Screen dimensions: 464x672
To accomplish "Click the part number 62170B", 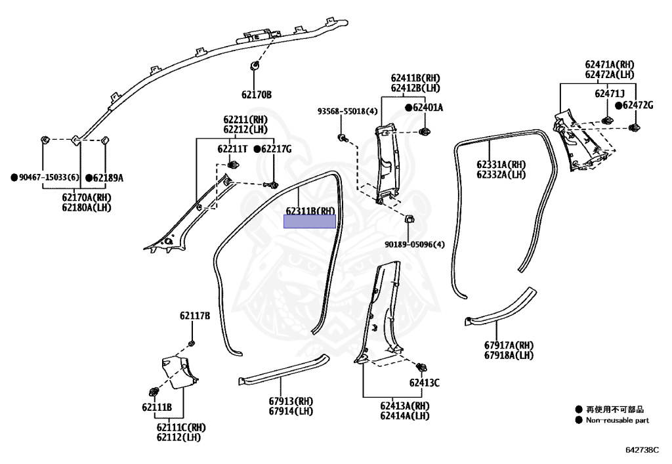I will (256, 95).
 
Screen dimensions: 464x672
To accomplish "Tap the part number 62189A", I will (108, 178).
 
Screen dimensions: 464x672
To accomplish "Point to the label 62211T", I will (232, 149).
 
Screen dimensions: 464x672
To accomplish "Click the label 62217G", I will (276, 149).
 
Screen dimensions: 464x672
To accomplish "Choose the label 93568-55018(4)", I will (348, 112).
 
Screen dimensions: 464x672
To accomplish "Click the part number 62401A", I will (427, 107).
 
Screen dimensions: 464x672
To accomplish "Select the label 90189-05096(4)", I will (415, 245).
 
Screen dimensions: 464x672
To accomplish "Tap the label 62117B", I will (195, 316).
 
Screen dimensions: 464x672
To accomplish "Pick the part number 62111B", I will (156, 408).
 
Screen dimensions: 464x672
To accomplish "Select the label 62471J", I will (610, 94).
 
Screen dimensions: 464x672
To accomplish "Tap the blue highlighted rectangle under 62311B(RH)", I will (309, 222).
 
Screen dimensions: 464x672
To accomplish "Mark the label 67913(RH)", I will (291, 401).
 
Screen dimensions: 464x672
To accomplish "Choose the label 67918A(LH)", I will (509, 355).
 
